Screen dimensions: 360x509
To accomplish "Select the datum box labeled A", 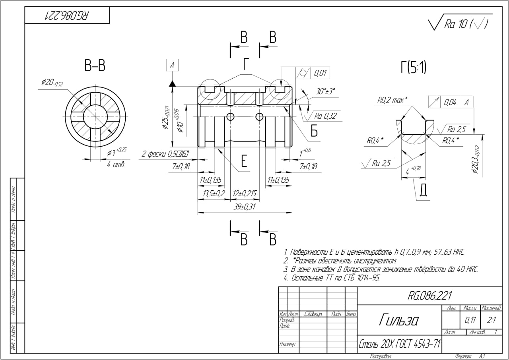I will [172, 66].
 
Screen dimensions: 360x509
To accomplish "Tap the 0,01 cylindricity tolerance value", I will [320, 73].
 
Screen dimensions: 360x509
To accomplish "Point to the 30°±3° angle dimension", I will [325, 91].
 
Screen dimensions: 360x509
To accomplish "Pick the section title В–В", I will [95, 66].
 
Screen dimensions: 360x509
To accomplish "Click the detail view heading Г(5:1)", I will [414, 68].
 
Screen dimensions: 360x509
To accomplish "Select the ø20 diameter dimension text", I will [52, 82].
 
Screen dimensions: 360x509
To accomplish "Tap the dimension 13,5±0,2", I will [214, 194].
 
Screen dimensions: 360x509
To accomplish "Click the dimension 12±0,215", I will [245, 194].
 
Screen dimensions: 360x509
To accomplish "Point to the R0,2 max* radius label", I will [392, 101].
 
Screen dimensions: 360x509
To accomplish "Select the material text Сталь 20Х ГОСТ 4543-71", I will [399, 343].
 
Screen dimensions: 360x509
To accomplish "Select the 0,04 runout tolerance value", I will [450, 103].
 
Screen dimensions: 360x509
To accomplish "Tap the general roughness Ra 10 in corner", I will [456, 25].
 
